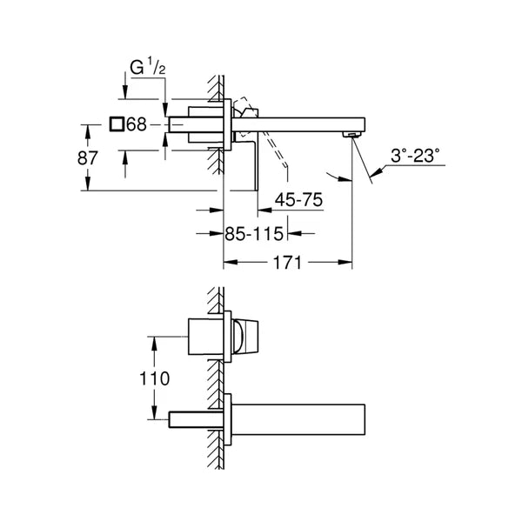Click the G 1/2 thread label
(148, 67)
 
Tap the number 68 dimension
(137, 124)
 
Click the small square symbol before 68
(117, 124)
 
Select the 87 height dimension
(87, 157)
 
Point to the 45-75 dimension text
(298, 200)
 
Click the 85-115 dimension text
(254, 234)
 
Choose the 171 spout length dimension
(287, 263)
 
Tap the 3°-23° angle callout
(415, 155)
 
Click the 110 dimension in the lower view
(154, 378)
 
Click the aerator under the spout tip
(351, 134)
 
